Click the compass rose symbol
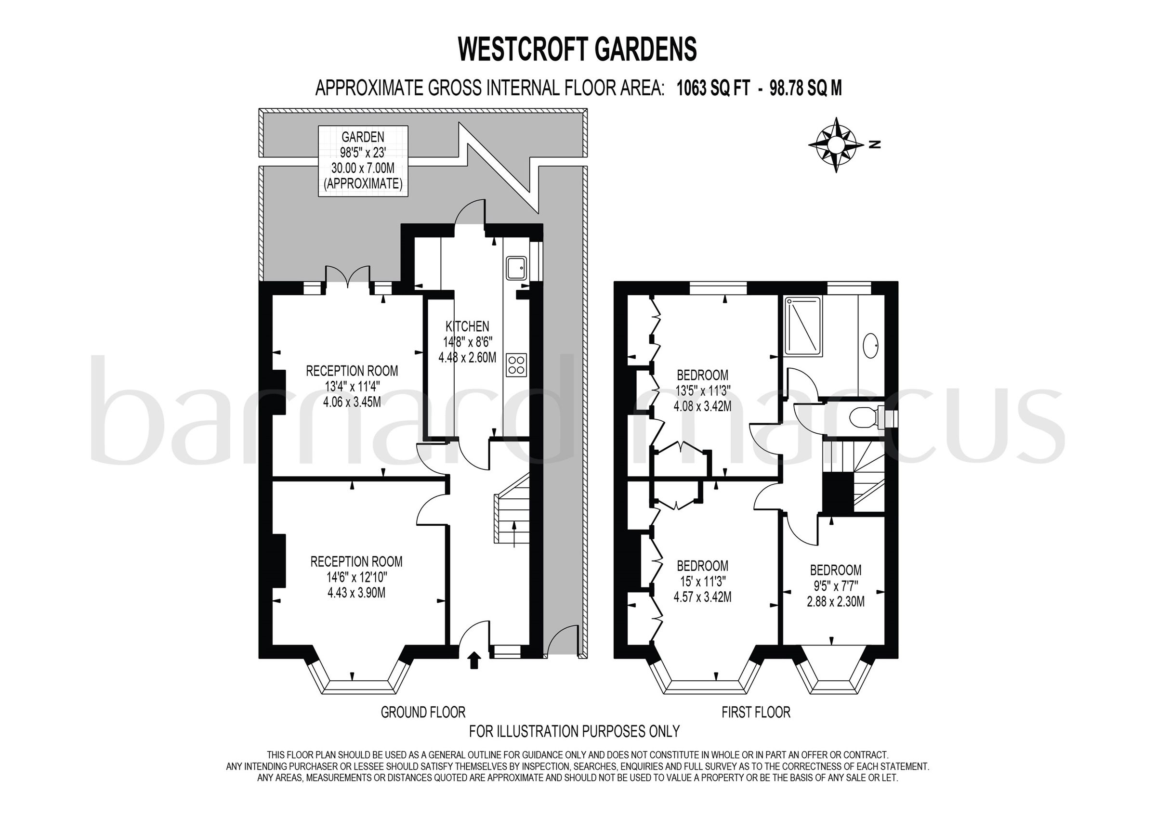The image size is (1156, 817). pos(836,145)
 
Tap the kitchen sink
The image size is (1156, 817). pos(516,267)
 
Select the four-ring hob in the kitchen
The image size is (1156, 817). pos(516,364)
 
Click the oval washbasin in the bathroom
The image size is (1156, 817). pos(871,346)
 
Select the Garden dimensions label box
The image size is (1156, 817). pos(363,161)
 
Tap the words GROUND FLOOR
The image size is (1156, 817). pos(423,712)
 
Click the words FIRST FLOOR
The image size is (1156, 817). pos(756,712)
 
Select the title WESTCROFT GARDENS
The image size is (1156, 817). pos(578,49)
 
